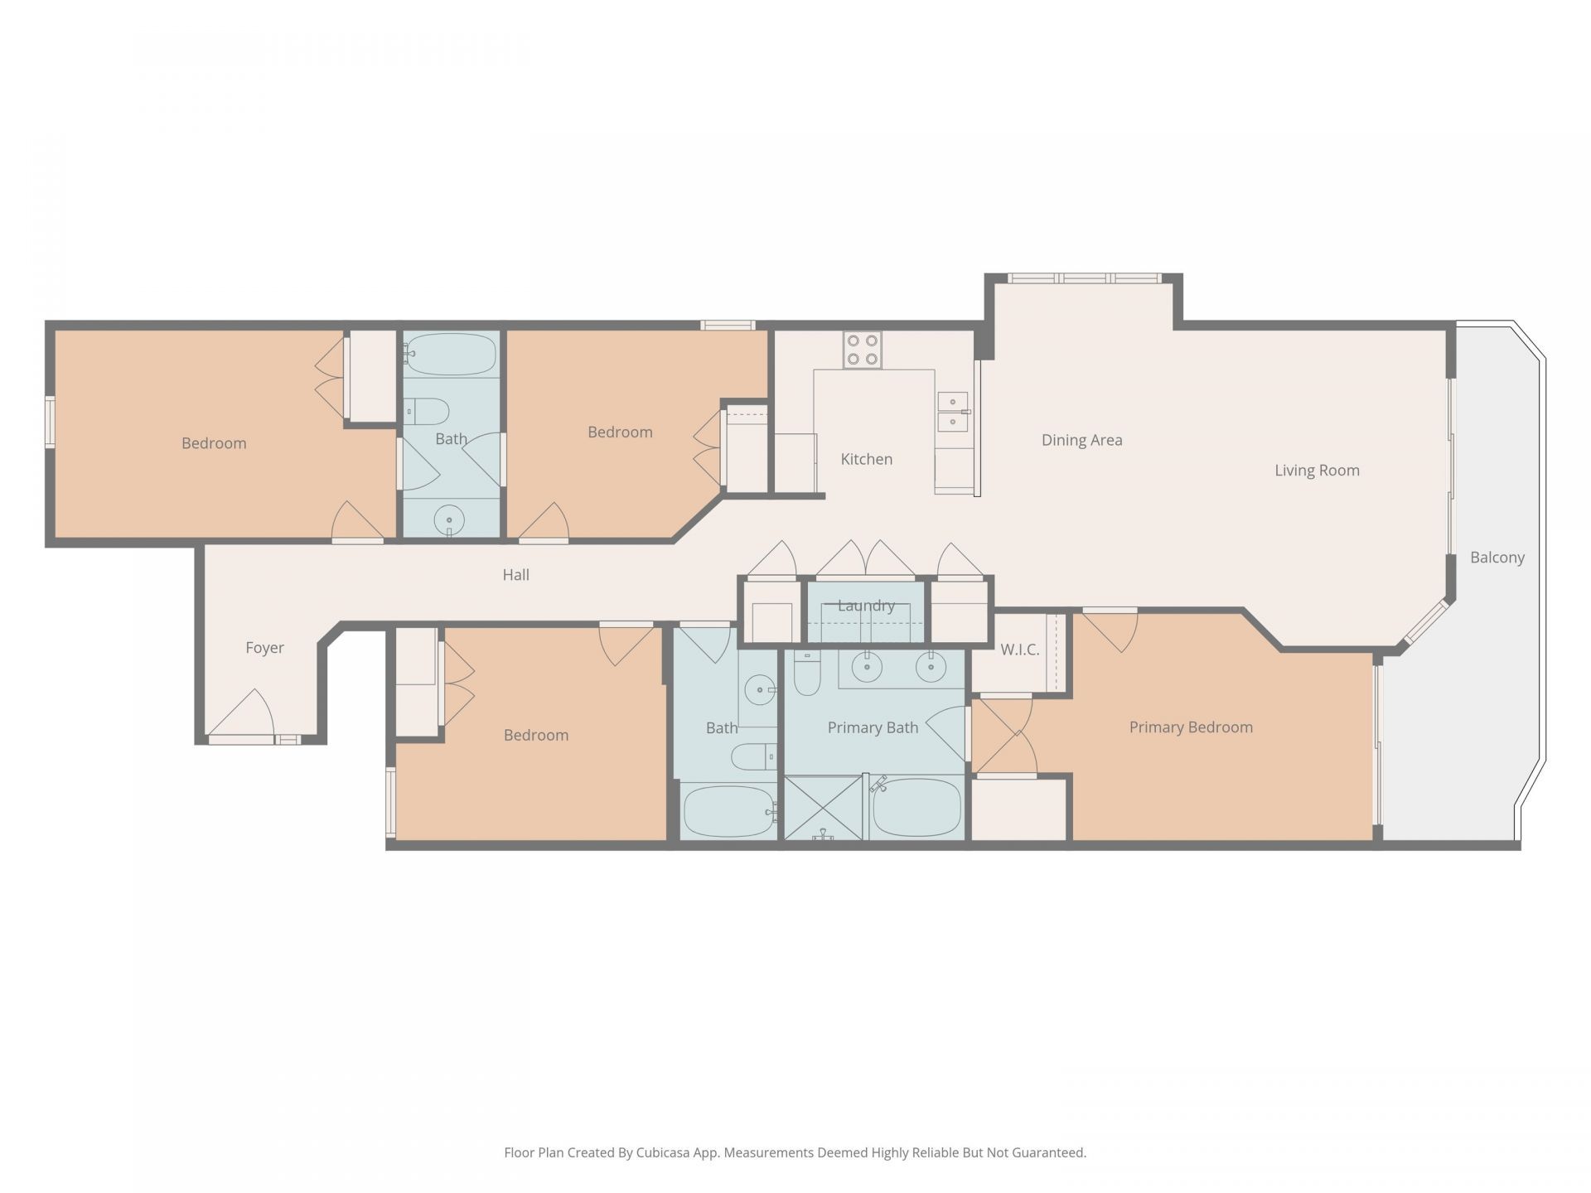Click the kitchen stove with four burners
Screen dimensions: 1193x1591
coord(863,350)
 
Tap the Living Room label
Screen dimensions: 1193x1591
coord(1317,471)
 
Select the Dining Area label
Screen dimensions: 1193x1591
coord(1081,440)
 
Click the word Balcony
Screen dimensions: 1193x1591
coord(1497,558)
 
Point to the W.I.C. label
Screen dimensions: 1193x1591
coord(1019,650)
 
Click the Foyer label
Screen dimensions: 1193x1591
coord(264,648)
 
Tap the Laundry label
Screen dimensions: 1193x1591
coord(866,606)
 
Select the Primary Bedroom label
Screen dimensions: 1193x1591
coord(1190,727)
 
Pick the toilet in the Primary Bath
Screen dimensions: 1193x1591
coord(806,674)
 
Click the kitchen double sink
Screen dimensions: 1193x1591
coord(952,412)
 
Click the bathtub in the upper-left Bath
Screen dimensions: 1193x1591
coord(452,355)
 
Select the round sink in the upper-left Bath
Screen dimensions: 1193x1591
coord(449,520)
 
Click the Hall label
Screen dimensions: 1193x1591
coord(515,575)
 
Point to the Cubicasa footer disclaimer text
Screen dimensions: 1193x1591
coord(795,1152)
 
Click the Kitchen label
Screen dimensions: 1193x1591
coord(866,459)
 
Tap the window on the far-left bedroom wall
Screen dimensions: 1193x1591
coord(50,423)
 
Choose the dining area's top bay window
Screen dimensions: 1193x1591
coord(1084,279)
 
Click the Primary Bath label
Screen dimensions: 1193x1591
coord(873,727)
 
